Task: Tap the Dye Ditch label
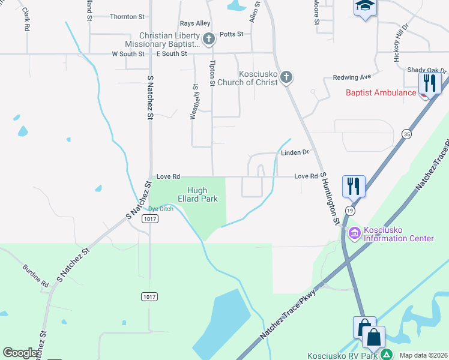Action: pos(161,209)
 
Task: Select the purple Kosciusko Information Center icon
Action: pos(354,233)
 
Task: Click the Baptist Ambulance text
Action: pos(381,92)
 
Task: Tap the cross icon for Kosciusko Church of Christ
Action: pos(286,77)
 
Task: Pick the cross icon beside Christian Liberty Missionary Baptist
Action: pos(208,40)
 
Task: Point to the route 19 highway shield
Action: pos(349,211)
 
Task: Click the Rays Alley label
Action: pos(195,23)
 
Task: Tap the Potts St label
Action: pos(231,34)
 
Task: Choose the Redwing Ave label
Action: pos(352,77)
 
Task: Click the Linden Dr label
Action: pos(294,152)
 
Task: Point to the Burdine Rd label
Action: pos(35,274)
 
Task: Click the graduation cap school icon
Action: pos(364,7)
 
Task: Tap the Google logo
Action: pos(20,353)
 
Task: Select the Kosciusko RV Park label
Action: pos(342,355)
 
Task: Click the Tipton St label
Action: pos(211,73)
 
